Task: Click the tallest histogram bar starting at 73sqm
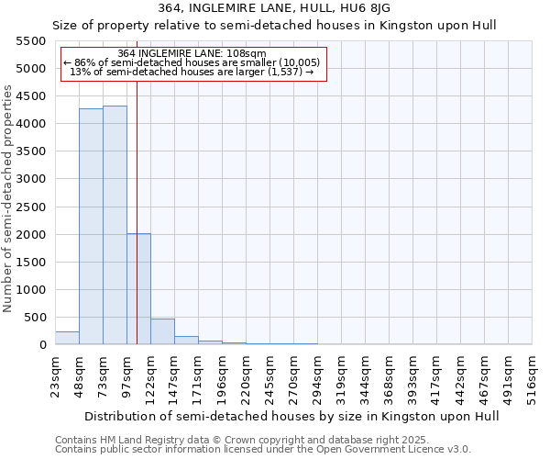pos(115,225)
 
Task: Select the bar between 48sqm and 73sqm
pos(91,227)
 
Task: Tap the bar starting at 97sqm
pos(138,289)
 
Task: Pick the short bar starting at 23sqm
pos(67,338)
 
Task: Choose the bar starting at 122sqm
pos(162,331)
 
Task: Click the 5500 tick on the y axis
pos(30,41)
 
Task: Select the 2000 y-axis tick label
pos(30,235)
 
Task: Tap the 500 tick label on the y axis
pos(34,318)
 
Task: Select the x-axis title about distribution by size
pos(292,416)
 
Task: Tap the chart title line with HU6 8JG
pos(274,8)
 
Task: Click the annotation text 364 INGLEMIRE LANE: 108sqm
pos(192,53)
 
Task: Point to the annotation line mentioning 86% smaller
pos(192,62)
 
